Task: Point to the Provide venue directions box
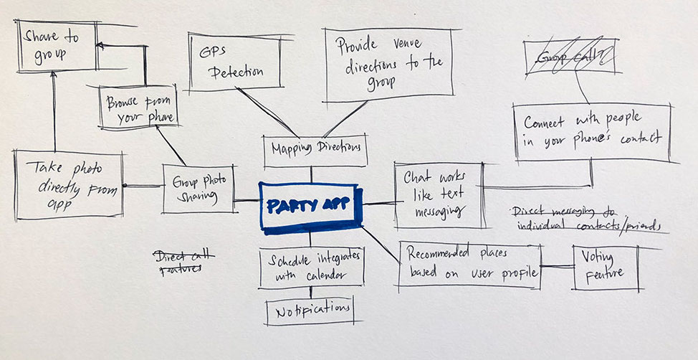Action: tap(388, 65)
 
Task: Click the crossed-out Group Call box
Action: tap(569, 56)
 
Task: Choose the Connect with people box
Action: tap(592, 131)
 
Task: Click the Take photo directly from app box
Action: tap(69, 185)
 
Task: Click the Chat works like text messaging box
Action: tap(438, 191)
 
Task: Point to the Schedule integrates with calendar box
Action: tap(311, 266)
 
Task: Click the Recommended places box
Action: tap(468, 264)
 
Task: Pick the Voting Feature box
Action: tap(604, 267)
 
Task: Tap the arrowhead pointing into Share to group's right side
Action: tap(100, 47)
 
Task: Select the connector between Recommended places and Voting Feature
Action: tap(556, 266)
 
